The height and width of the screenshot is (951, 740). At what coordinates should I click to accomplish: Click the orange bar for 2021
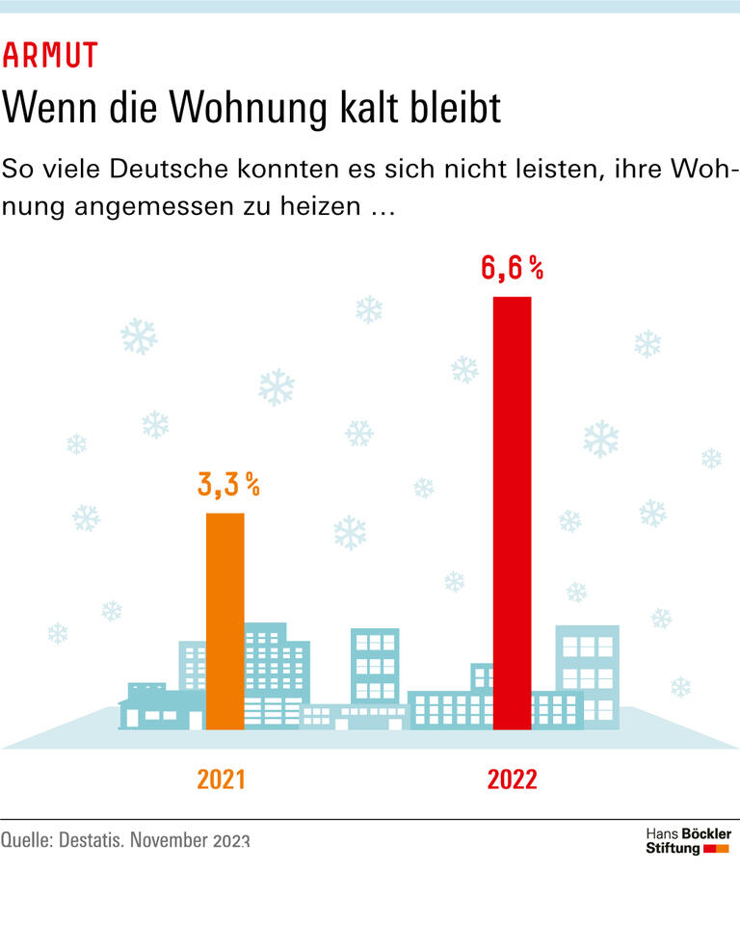(225, 621)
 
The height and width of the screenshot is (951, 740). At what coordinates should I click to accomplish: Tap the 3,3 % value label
(228, 485)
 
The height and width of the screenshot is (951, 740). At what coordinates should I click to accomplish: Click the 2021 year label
(221, 779)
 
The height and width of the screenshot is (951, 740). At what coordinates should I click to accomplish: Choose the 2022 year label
(512, 779)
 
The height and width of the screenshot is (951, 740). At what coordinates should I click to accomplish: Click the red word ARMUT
(50, 56)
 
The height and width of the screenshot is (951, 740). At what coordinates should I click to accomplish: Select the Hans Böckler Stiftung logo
(687, 840)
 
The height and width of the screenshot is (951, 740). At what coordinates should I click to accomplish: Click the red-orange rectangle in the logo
(716, 849)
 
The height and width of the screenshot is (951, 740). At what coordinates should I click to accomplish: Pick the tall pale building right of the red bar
(587, 674)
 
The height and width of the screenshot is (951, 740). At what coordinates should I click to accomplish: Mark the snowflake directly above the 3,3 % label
(277, 386)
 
